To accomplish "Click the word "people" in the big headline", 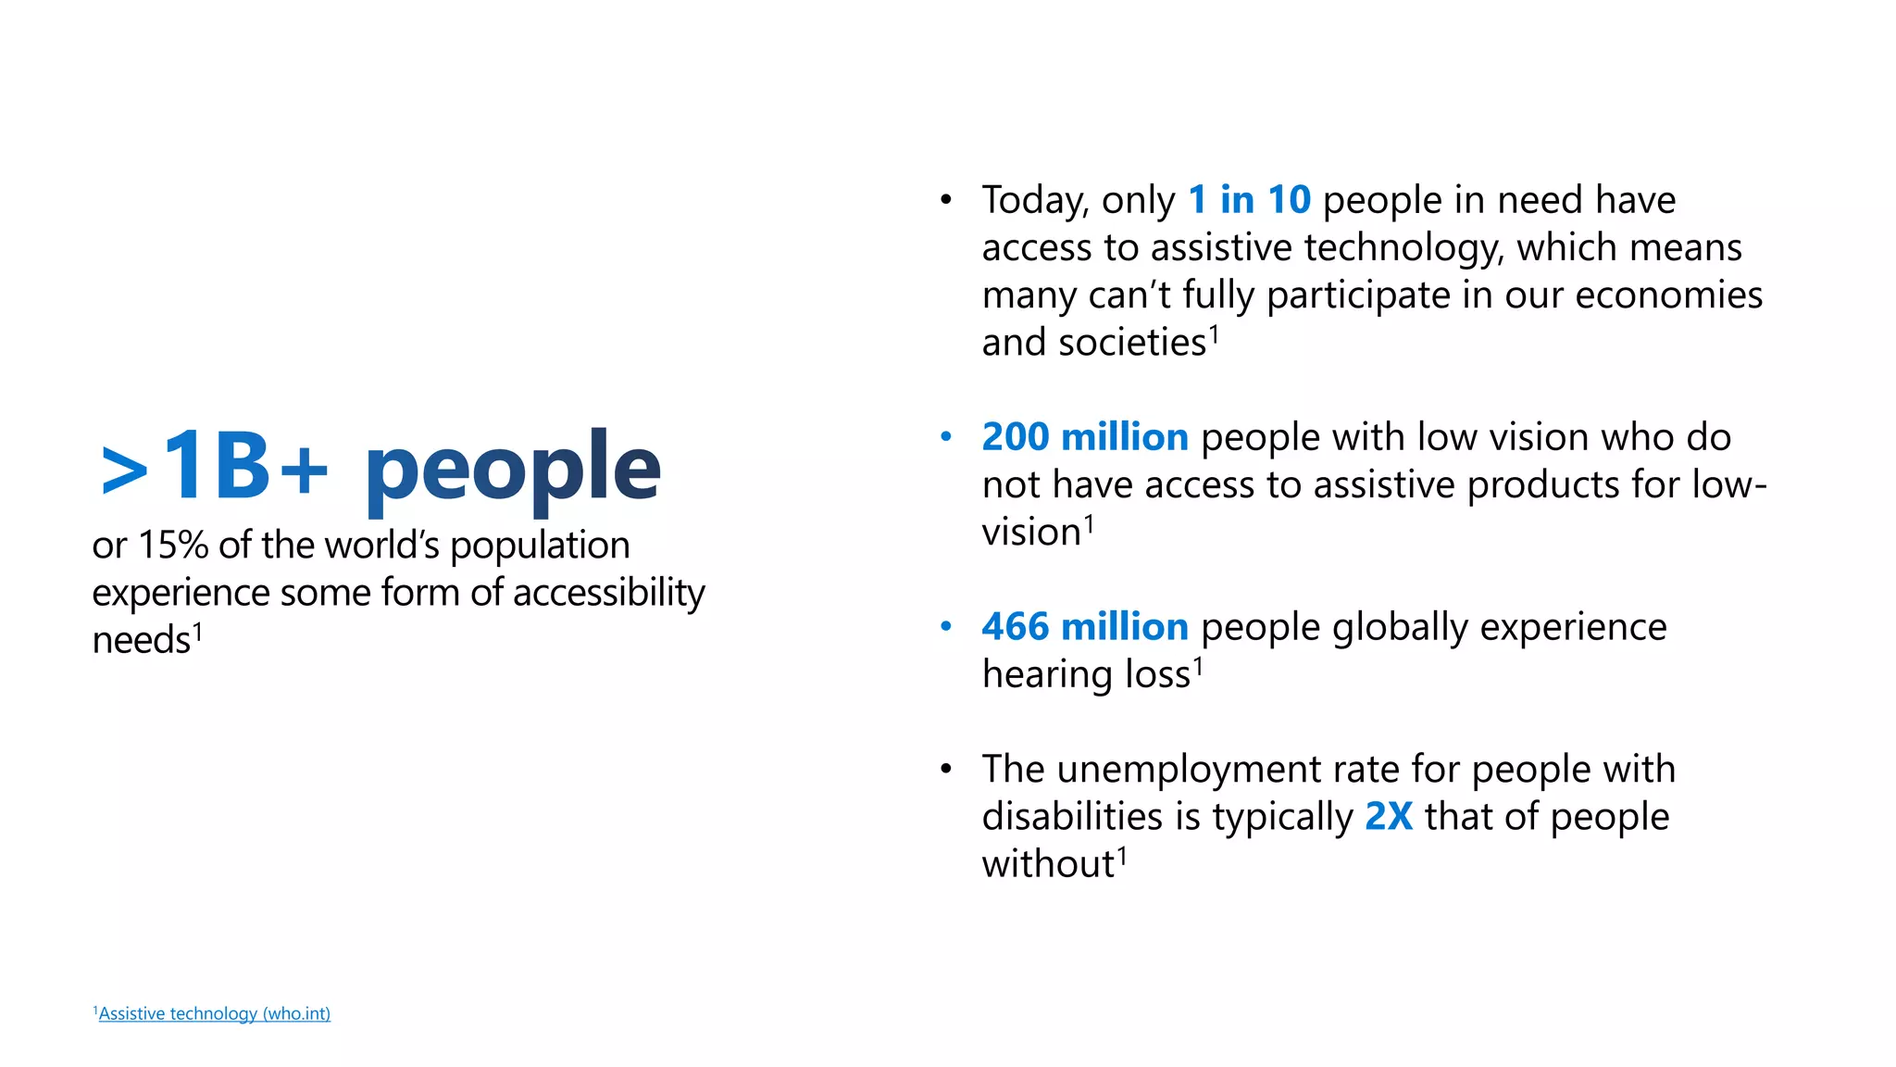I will pos(512,471).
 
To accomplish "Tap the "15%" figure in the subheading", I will pos(173,546).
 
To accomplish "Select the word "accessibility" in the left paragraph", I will pos(608,593).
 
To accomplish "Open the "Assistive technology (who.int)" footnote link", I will pos(214,1014).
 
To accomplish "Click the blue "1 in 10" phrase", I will pos(1249,200).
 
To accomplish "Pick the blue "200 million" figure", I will pos(1084,437).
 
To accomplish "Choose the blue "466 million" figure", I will pos(1084,627).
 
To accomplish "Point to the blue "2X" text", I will pos(1389,817).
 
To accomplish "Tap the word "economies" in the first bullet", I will pos(1668,295).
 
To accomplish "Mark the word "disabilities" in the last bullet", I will pos(1072,817).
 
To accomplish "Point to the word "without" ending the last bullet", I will pos(1047,864).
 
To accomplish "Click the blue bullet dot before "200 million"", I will pos(945,437).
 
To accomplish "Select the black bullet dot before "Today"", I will pos(945,200).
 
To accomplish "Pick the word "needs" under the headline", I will pos(141,641).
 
